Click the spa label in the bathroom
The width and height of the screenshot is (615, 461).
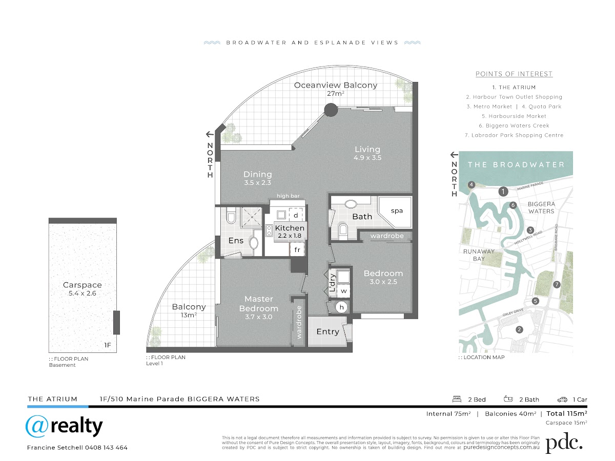pyautogui.click(x=397, y=211)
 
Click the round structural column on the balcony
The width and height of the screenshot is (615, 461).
pyautogui.click(x=331, y=110)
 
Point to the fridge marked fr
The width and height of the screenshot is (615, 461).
pyautogui.click(x=297, y=249)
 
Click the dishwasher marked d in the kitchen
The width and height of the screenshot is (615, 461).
pyautogui.click(x=296, y=215)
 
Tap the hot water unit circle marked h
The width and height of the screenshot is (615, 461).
pyautogui.click(x=341, y=307)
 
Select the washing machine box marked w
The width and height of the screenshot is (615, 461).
pyautogui.click(x=343, y=291)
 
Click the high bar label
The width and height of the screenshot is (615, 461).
pyautogui.click(x=288, y=196)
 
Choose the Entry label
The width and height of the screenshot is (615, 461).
pyautogui.click(x=328, y=332)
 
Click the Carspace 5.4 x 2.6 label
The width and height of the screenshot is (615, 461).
pyautogui.click(x=83, y=289)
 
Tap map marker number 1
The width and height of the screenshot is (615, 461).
pyautogui.click(x=503, y=192)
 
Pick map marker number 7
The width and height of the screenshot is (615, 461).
pyautogui.click(x=557, y=285)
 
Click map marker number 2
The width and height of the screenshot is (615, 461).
pyautogui.click(x=519, y=329)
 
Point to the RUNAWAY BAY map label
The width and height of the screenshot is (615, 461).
pyautogui.click(x=479, y=255)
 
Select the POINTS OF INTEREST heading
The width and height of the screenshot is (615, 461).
pyautogui.click(x=514, y=74)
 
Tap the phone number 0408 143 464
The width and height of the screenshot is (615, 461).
pyautogui.click(x=106, y=448)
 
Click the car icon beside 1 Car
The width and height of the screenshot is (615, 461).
pyautogui.click(x=562, y=400)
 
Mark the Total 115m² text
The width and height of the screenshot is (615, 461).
pyautogui.click(x=566, y=413)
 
